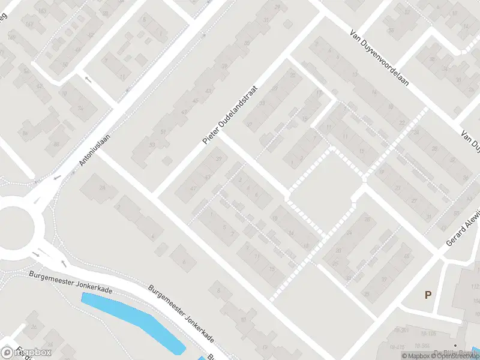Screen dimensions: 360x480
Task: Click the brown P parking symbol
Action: (428, 295)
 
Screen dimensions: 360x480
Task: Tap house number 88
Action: (57, 144)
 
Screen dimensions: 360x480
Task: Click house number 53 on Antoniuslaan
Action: (152, 145)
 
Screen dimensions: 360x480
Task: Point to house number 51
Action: (163, 132)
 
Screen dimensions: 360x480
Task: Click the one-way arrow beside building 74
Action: (88, 79)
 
